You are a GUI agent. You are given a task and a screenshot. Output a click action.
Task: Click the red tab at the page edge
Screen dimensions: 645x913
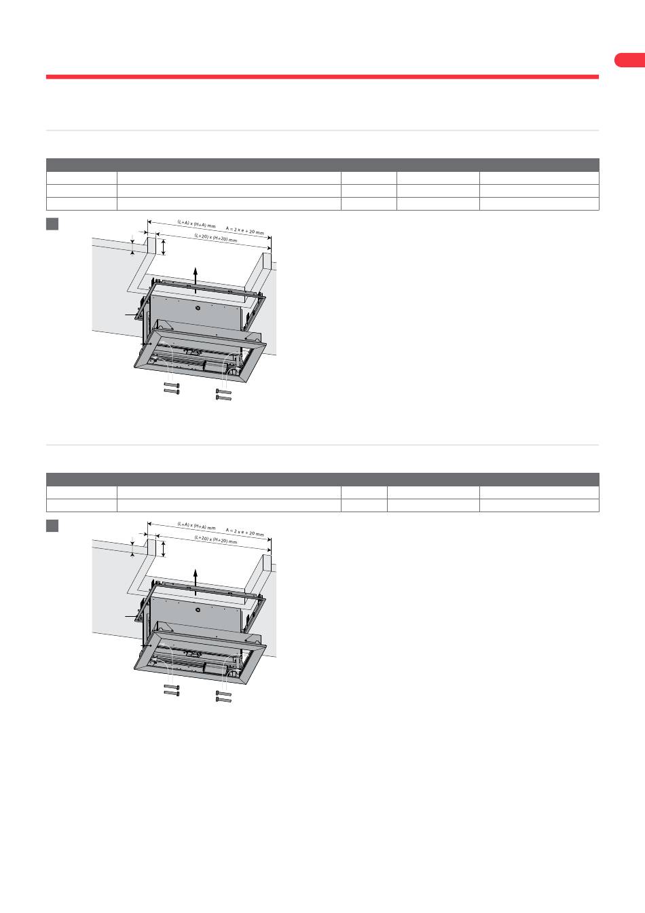tap(630, 60)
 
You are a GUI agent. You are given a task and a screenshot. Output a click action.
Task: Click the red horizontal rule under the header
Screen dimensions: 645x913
tap(322, 77)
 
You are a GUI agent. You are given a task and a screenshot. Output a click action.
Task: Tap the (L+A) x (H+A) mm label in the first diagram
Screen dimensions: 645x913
tap(196, 223)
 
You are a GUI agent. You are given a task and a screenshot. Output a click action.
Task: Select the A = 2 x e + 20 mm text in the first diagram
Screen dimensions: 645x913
tap(244, 231)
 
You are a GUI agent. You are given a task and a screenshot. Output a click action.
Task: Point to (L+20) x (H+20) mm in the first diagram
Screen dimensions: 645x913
tap(215, 238)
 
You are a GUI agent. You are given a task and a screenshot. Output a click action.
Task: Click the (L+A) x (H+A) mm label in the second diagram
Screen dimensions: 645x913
tap(196, 526)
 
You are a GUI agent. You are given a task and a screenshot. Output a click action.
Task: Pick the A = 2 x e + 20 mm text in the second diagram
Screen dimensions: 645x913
tap(244, 533)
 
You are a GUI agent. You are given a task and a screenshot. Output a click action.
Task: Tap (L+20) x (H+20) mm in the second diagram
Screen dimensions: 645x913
tap(215, 539)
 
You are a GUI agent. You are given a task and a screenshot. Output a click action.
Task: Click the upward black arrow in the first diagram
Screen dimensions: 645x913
tap(196, 280)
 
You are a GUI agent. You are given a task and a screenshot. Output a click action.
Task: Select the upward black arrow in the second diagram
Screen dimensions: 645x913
tap(196, 582)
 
